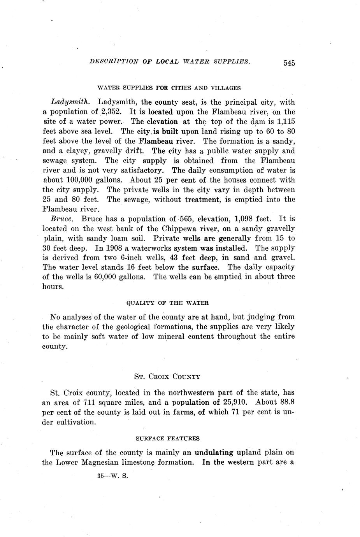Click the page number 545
pyautogui.click(x=289, y=63)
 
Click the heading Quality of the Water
pyautogui.click(x=168, y=303)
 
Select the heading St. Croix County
pyautogui.click(x=167, y=377)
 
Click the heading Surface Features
pyautogui.click(x=167, y=439)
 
